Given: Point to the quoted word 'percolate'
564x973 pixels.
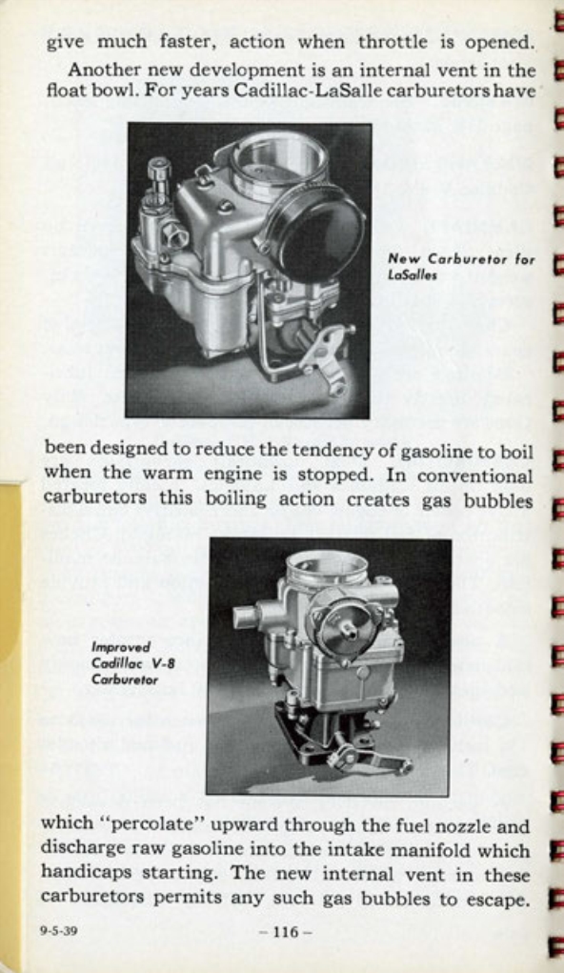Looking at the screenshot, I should click(149, 824).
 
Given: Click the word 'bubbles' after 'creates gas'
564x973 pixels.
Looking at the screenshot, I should click(495, 499).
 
